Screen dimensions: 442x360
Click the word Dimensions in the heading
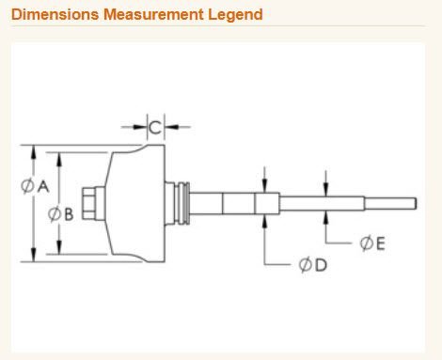click(55, 14)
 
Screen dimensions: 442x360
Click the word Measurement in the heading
click(153, 14)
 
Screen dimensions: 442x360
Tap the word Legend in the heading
click(235, 15)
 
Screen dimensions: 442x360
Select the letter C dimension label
click(155, 128)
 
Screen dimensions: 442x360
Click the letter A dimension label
click(43, 187)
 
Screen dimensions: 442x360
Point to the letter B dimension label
click(69, 214)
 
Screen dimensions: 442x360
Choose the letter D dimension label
click(321, 265)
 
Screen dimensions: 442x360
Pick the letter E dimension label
click(380, 243)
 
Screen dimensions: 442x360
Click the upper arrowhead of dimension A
click(34, 152)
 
